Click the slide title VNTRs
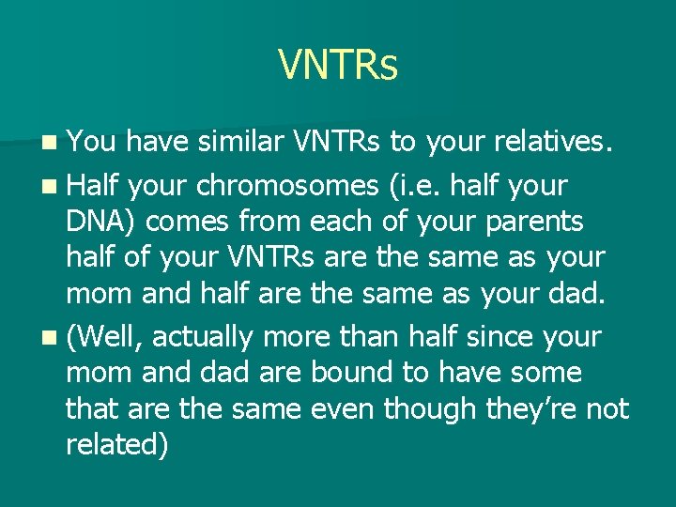[x=338, y=65]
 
